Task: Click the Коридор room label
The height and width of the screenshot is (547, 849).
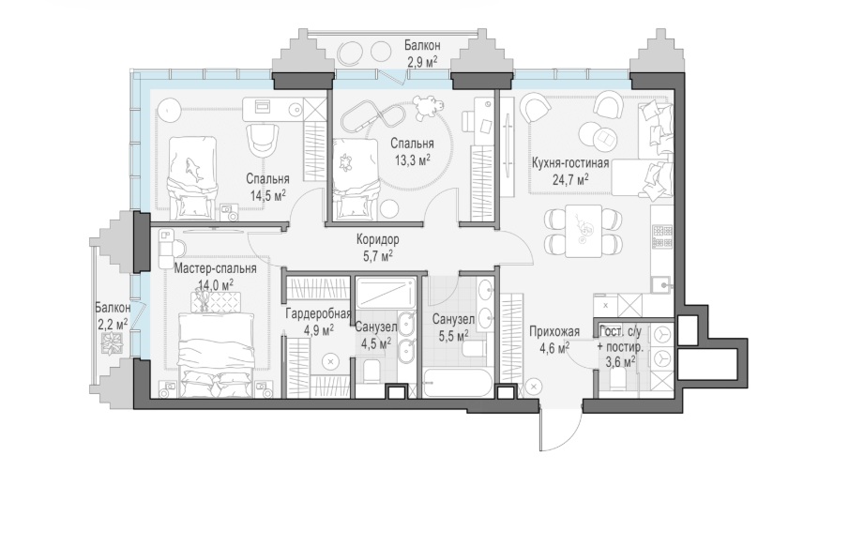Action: [x=377, y=239]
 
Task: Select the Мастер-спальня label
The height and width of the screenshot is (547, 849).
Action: [x=216, y=268]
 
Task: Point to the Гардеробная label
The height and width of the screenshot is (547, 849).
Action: [x=318, y=313]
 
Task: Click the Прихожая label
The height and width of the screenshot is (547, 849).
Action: [x=554, y=331]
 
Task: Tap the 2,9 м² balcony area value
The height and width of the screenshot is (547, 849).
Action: [x=422, y=61]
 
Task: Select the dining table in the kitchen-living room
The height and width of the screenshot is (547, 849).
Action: [x=584, y=231]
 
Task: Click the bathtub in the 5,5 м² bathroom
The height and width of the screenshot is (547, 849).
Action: [x=458, y=383]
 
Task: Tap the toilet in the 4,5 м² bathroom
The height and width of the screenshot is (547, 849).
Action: [x=373, y=372]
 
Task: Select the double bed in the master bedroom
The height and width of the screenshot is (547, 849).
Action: [x=216, y=355]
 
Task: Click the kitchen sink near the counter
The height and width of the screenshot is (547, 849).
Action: [x=661, y=284]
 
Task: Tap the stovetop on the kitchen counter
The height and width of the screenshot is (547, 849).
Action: [x=662, y=236]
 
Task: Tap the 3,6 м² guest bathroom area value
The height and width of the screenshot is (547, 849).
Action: [x=620, y=361]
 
